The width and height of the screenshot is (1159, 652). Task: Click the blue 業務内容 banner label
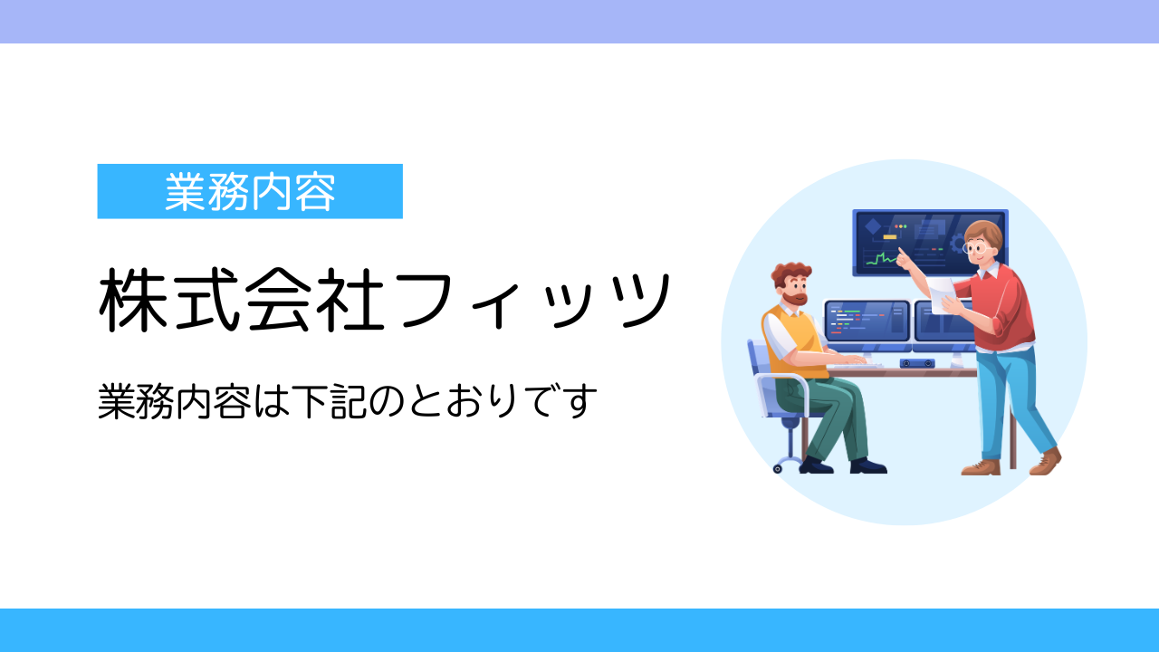coord(250,191)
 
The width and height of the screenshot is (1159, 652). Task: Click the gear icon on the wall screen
coord(958,243)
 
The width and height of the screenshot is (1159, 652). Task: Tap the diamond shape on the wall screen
coord(873,226)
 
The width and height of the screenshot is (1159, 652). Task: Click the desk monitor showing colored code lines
coord(867,321)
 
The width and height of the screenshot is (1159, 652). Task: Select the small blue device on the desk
coord(917,363)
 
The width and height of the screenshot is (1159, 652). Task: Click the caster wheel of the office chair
coord(777,469)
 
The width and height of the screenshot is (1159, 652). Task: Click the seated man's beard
coord(795,299)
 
